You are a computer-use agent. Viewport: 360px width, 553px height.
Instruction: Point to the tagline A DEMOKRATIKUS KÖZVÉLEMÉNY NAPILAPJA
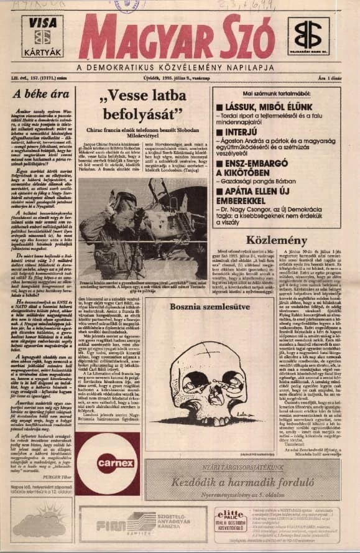pos(180,67)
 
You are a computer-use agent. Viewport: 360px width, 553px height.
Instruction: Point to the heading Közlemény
pos(285,239)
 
